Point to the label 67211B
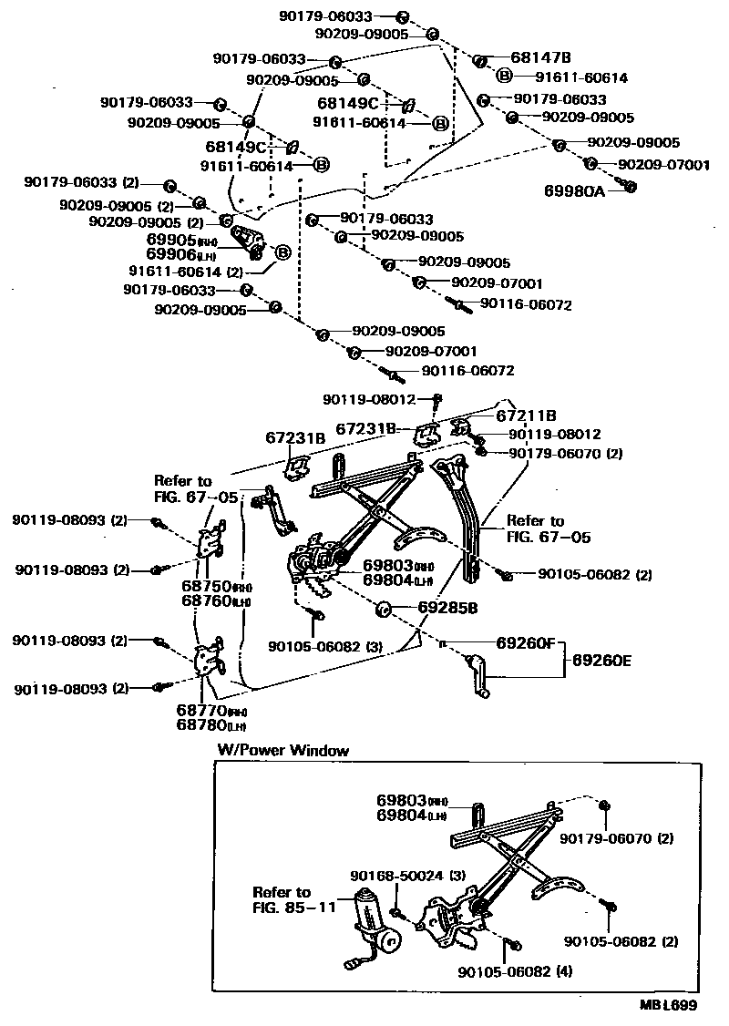point(525,415)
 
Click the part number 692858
point(449,606)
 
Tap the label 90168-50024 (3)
point(407,876)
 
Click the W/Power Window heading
point(282,751)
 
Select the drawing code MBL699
point(669,1006)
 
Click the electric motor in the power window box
point(376,922)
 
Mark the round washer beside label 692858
point(383,607)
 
